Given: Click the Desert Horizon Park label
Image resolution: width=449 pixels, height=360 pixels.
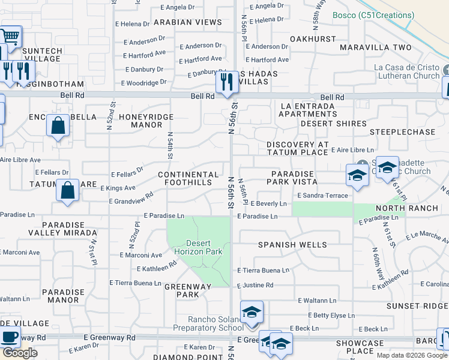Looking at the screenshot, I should click(198, 247).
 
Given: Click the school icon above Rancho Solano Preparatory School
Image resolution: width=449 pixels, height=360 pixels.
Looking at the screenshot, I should click(252, 313).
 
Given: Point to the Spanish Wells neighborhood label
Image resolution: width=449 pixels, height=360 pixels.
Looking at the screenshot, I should click(292, 245).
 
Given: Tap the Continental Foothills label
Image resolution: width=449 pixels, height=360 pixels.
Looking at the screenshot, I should click(188, 178).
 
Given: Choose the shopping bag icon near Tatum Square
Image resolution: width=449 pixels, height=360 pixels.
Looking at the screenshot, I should click(68, 190).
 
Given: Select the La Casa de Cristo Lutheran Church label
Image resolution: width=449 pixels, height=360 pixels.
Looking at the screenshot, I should click(406, 71).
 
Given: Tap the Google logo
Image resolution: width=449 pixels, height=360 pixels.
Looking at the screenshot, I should click(19, 353).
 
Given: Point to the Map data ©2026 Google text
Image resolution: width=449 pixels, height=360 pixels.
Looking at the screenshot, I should click(412, 355).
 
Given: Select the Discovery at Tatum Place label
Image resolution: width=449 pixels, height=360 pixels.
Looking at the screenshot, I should click(298, 148).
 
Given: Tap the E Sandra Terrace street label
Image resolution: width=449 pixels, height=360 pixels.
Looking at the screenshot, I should click(322, 196).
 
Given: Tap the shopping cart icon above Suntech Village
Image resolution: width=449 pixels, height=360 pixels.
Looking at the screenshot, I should click(10, 35).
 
